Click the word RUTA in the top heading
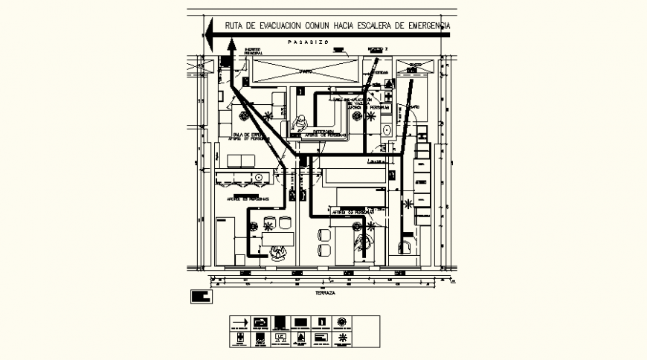[237, 25]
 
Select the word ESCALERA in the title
[372, 25]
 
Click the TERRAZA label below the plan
[325, 294]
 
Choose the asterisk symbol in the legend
[341, 338]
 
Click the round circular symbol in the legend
[341, 322]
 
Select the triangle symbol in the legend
[300, 338]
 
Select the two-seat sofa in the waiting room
[241, 161]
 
